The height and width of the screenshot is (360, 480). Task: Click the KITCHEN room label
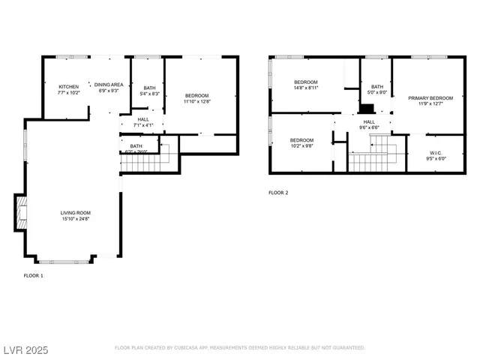pyautogui.click(x=69, y=86)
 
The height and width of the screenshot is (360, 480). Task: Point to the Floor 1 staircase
pyautogui.click(x=149, y=158)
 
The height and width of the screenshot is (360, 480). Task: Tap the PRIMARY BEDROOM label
pyautogui.click(x=430, y=98)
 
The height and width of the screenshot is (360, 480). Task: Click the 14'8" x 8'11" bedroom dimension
pyautogui.click(x=306, y=88)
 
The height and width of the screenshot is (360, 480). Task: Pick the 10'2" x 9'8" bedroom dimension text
pyautogui.click(x=301, y=145)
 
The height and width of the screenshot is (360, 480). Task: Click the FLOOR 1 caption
pyautogui.click(x=34, y=276)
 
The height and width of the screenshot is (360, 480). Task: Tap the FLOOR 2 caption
pyautogui.click(x=278, y=193)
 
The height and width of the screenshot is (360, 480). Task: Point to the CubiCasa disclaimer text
pyautogui.click(x=239, y=348)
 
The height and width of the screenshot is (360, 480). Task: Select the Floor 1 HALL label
pyautogui.click(x=142, y=118)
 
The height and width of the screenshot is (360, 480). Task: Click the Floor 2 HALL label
pyautogui.click(x=369, y=121)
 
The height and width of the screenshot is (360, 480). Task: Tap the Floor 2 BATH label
pyautogui.click(x=376, y=87)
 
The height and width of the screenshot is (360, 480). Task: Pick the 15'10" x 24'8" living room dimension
pyautogui.click(x=75, y=218)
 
